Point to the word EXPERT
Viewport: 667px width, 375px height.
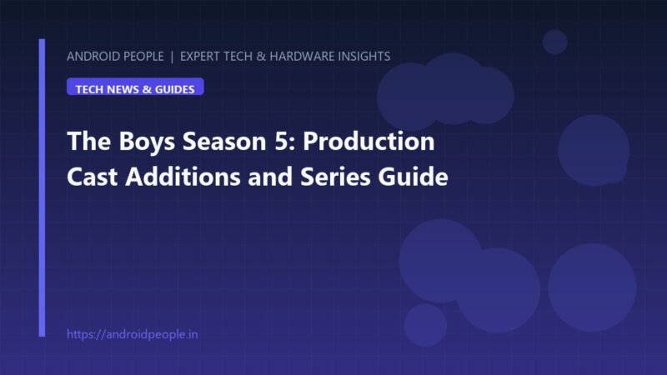click(x=199, y=57)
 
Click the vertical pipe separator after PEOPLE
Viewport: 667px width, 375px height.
click(x=172, y=57)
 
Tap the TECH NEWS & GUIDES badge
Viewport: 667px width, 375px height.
click(x=135, y=87)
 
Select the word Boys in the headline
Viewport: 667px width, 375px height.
click(x=147, y=142)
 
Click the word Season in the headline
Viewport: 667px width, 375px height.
click(x=224, y=141)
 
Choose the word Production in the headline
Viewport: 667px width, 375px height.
click(x=369, y=141)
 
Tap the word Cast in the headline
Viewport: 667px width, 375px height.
click(x=92, y=177)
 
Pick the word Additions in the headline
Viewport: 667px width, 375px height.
click(x=183, y=176)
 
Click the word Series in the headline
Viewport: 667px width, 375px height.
click(x=335, y=177)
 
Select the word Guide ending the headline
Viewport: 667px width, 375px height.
click(x=413, y=176)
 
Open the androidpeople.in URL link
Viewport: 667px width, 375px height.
click(x=133, y=335)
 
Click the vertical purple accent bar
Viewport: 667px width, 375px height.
click(x=42, y=187)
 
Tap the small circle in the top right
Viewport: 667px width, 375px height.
click(x=554, y=42)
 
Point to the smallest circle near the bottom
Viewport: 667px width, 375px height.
click(x=425, y=325)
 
